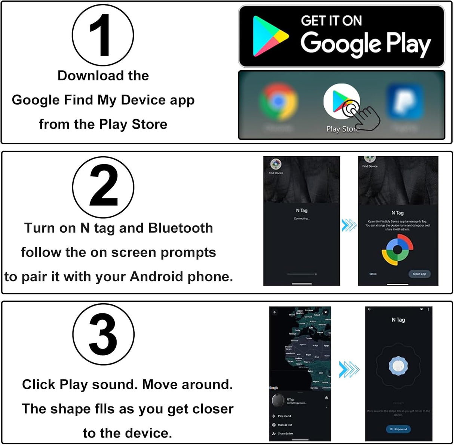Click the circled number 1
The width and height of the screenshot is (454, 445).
[x=102, y=36]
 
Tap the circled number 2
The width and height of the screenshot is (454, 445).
[x=103, y=187]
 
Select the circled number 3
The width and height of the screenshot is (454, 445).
[x=103, y=334]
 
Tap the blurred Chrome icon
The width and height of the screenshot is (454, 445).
[x=278, y=101]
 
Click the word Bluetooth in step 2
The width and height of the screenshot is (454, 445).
[x=181, y=228]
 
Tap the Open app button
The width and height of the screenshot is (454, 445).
[x=419, y=274]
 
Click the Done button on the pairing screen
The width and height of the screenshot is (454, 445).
[x=373, y=274]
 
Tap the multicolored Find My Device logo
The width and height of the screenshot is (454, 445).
[x=398, y=250]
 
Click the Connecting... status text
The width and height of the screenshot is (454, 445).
[x=301, y=218]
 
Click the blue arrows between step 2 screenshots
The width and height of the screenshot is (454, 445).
[x=349, y=225]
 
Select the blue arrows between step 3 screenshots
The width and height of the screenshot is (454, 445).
[x=349, y=369]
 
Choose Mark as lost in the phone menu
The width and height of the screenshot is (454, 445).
[x=285, y=425]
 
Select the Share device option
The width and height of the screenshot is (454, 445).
[x=285, y=433]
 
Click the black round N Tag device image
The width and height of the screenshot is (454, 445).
[x=278, y=401]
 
